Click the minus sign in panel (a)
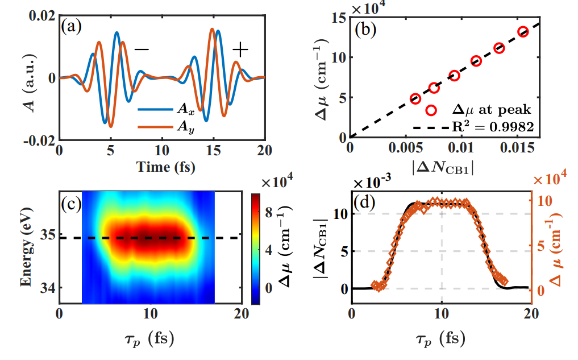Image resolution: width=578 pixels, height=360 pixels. (141, 50)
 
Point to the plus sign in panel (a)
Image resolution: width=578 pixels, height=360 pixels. (241, 50)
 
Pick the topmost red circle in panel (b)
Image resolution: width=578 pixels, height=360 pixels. (523, 32)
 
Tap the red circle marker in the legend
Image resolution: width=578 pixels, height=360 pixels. (431, 109)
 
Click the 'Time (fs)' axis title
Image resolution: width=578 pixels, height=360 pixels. (161, 167)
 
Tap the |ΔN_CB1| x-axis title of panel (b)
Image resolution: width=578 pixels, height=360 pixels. (443, 168)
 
